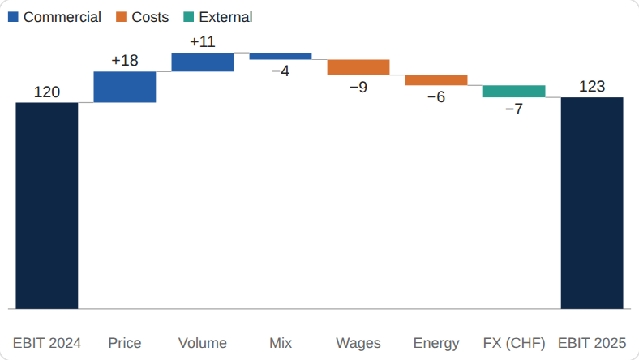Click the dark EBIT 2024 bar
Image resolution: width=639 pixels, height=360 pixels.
(47, 205)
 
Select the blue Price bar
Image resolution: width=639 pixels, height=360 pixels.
(125, 88)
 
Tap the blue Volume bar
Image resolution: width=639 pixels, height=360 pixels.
(203, 62)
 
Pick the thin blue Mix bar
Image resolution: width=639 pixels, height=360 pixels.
(281, 56)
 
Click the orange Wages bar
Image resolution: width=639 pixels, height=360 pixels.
(358, 67)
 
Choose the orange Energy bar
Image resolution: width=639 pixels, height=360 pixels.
(436, 80)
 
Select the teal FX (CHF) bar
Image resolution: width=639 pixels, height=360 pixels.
(514, 92)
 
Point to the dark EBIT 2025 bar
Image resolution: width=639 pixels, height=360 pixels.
(592, 203)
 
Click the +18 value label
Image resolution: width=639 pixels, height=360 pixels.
(125, 60)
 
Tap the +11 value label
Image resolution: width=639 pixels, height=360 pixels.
(203, 41)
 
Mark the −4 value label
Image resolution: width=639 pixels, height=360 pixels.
(281, 71)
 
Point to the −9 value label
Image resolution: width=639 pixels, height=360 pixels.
(358, 87)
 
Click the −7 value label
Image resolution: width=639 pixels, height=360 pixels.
(514, 109)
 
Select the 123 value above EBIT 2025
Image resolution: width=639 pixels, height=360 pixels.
(592, 87)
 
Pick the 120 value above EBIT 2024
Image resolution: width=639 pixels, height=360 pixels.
(47, 92)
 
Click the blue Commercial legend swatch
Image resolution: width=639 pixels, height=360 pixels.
(13, 17)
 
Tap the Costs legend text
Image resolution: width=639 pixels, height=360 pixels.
(150, 17)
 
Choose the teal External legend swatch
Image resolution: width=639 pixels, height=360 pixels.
(189, 17)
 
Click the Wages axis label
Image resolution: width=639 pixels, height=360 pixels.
(358, 343)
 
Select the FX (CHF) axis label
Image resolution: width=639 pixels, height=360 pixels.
(514, 343)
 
